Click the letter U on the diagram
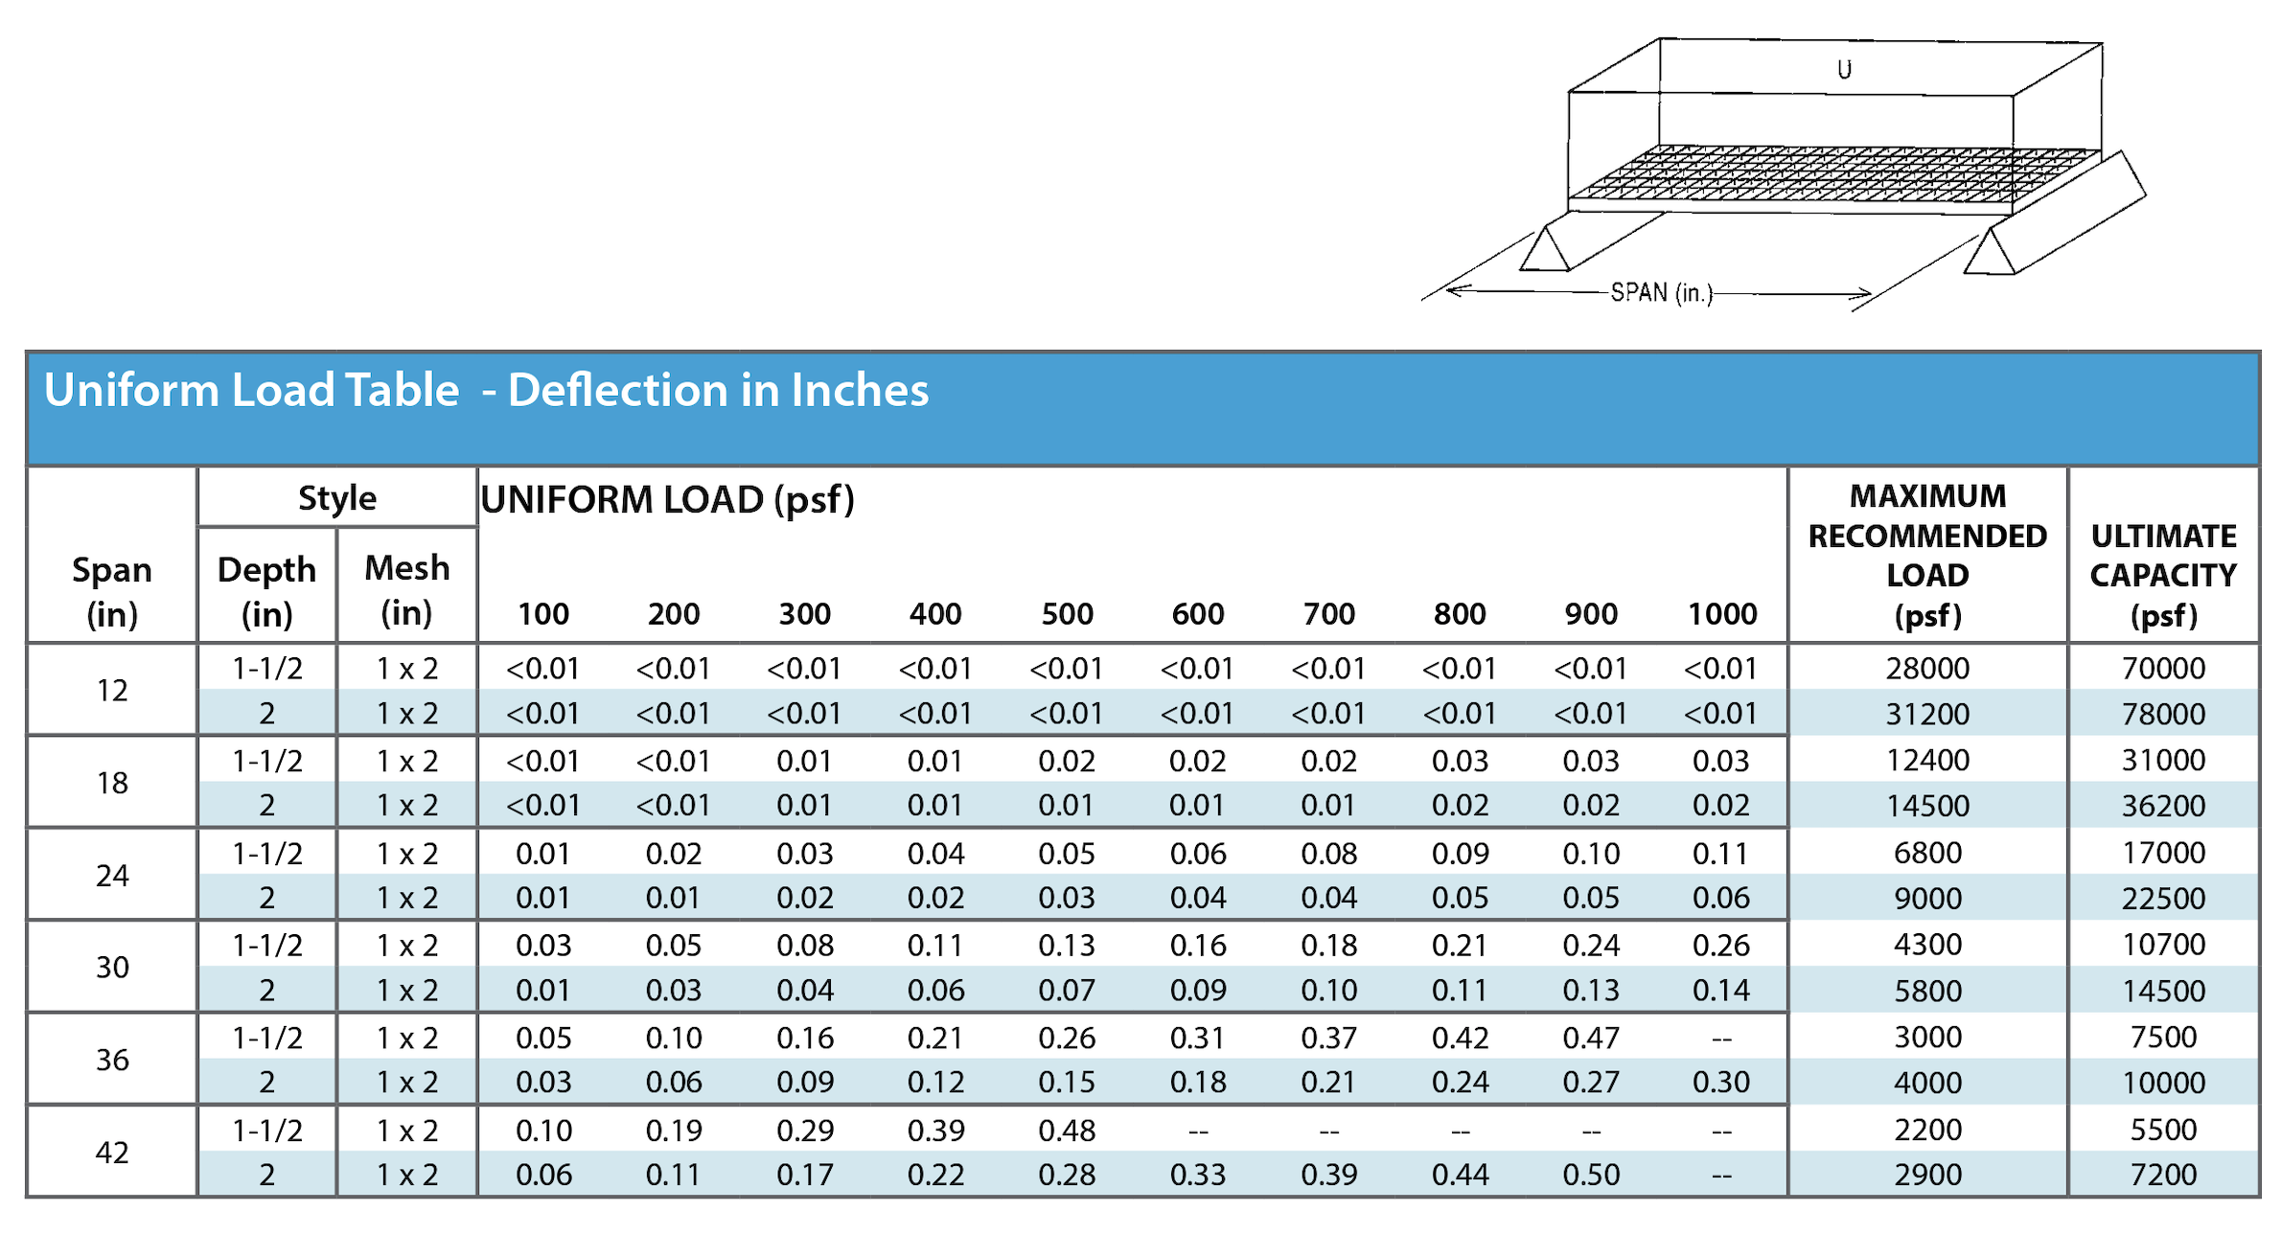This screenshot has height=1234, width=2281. (1844, 69)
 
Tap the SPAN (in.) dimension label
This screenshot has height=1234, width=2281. (1661, 292)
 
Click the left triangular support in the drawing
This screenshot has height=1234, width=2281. (1544, 250)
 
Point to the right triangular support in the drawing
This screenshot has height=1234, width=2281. (1990, 254)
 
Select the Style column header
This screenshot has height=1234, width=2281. (336, 498)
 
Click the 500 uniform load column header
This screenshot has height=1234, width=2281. (1067, 613)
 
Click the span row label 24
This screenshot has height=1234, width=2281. (112, 875)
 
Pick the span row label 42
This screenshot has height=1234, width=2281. (112, 1152)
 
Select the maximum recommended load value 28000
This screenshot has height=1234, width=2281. (1926, 668)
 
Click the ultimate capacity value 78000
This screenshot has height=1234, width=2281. (2163, 714)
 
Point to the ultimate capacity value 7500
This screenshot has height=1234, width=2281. (2163, 1037)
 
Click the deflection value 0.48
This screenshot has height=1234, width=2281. (1067, 1131)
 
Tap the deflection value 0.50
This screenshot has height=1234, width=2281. (1591, 1175)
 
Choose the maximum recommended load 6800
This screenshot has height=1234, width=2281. (1926, 853)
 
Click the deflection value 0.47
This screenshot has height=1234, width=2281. (1591, 1038)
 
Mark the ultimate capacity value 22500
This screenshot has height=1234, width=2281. (2163, 899)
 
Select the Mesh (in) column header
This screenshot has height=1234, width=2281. (406, 589)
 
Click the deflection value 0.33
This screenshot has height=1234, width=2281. (1198, 1175)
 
